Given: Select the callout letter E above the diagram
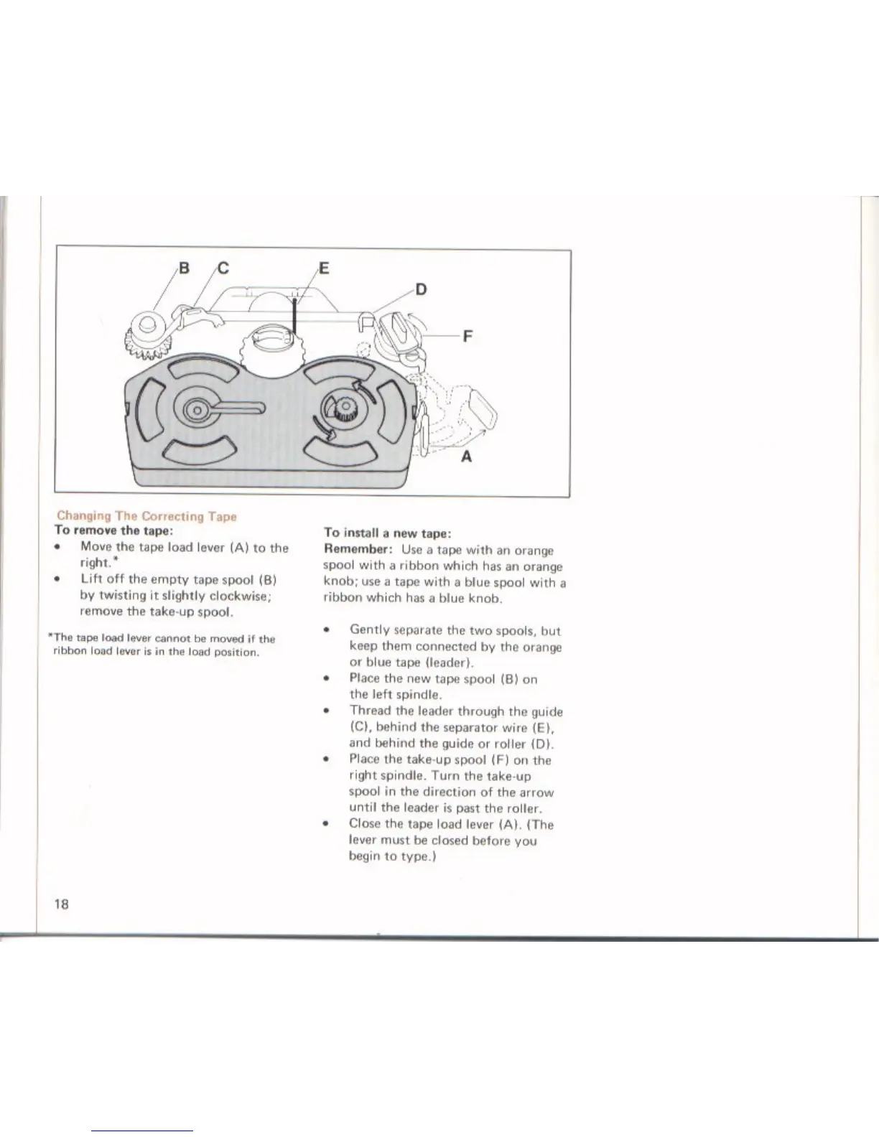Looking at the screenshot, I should [323, 269].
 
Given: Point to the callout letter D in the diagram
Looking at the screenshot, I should [421, 289].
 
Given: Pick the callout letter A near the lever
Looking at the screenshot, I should [466, 457].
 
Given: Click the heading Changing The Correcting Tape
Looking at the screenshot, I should [146, 516].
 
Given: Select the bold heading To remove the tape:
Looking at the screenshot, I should [111, 531].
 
